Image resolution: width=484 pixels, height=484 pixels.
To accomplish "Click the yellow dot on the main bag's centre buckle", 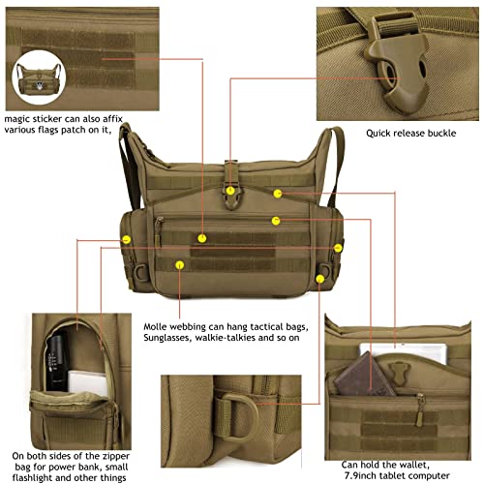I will (230, 191).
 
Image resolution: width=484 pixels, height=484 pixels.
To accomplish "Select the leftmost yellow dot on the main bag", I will (126, 239).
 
